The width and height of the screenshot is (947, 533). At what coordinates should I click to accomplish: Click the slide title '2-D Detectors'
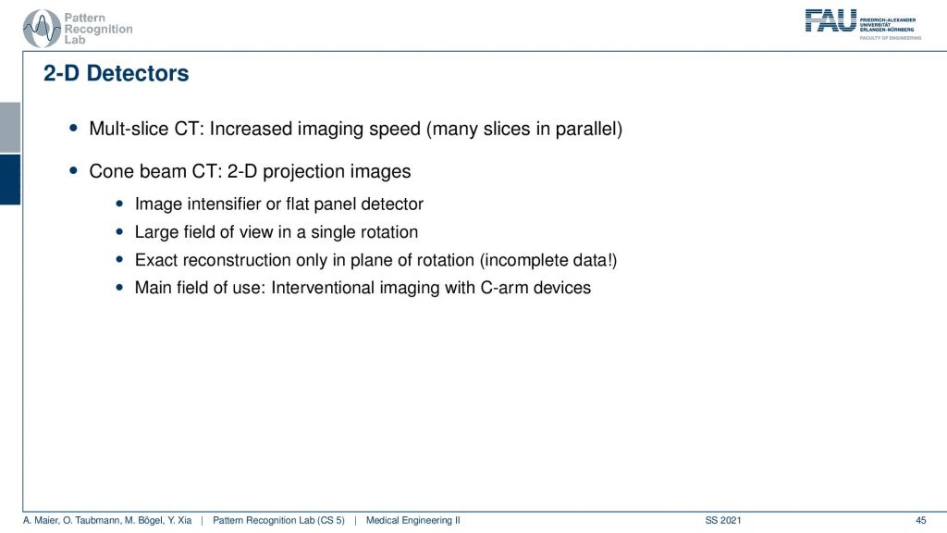pyautogui.click(x=116, y=73)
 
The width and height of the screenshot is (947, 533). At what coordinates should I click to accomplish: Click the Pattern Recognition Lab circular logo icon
pyautogui.click(x=42, y=29)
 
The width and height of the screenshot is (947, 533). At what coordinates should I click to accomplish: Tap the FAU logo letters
pyautogui.click(x=830, y=20)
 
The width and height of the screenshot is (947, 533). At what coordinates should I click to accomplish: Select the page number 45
pyautogui.click(x=920, y=520)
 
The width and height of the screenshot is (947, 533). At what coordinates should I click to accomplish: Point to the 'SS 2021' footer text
pyautogui.click(x=723, y=520)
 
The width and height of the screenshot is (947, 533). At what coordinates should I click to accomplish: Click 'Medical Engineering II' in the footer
pyautogui.click(x=413, y=520)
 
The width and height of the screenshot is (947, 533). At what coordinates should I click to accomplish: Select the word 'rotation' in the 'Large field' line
pyautogui.click(x=391, y=232)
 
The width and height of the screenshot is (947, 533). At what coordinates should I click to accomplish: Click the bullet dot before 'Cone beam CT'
pyautogui.click(x=74, y=171)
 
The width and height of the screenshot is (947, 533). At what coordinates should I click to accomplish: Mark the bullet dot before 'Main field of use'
pyautogui.click(x=119, y=288)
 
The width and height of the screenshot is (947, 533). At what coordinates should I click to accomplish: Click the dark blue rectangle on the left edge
pyautogui.click(x=10, y=180)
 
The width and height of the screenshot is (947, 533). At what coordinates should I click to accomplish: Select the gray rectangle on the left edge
pyautogui.click(x=10, y=128)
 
